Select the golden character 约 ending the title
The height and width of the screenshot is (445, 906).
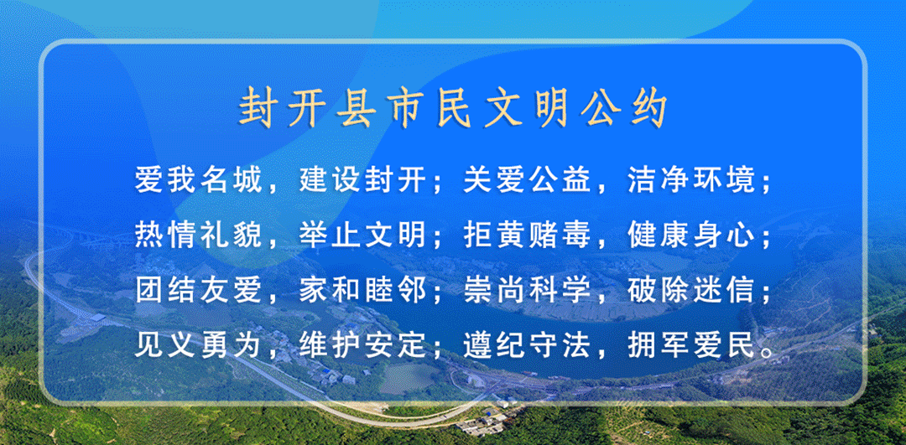[x=650, y=108]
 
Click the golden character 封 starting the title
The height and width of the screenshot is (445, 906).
[x=256, y=108]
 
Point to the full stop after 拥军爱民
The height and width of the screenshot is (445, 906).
[x=765, y=353]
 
